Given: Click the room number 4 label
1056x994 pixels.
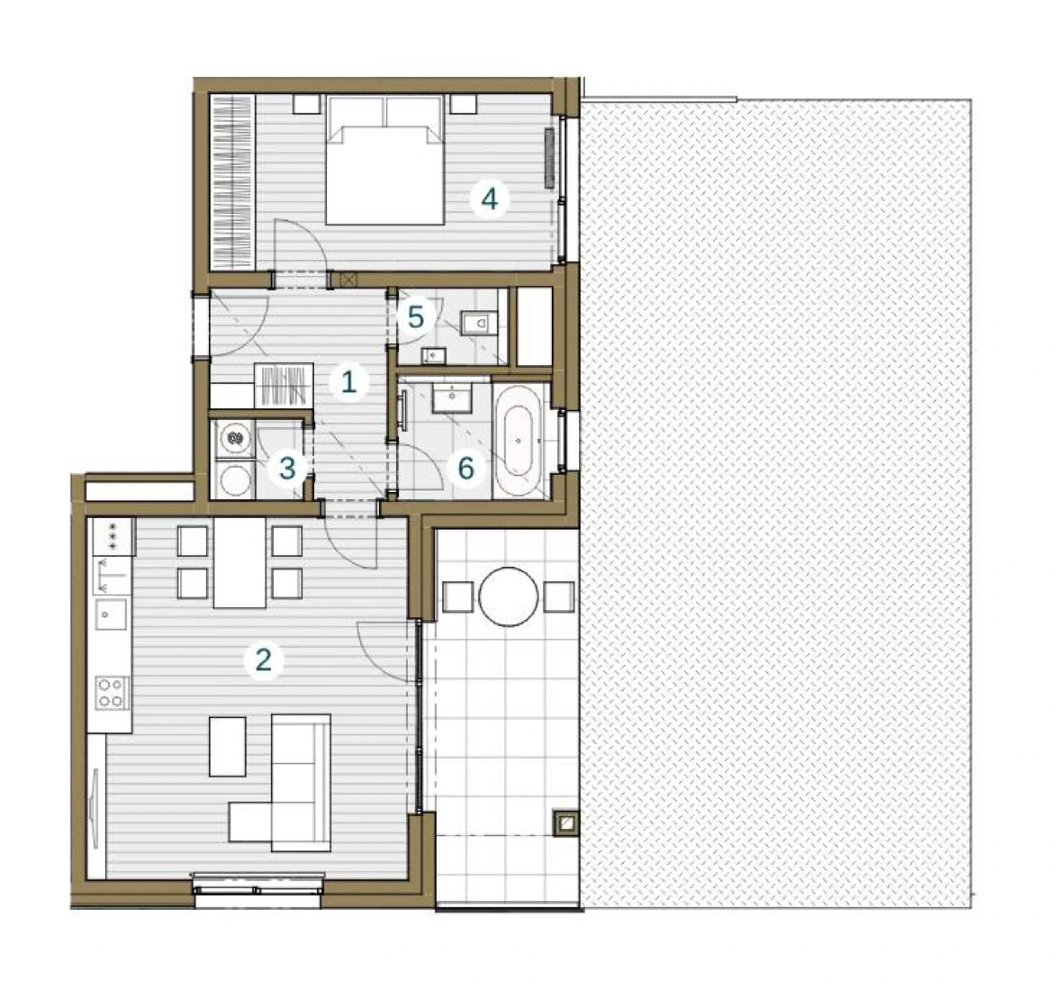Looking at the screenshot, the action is (489, 199).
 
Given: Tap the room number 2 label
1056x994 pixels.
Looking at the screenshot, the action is (264, 660).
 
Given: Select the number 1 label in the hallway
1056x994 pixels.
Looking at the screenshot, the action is (348, 382).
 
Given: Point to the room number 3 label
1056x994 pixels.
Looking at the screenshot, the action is (287, 469).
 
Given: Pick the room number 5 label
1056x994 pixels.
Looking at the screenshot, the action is (415, 318).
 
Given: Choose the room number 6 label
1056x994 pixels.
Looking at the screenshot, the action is (466, 469).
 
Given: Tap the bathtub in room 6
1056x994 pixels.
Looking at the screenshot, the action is (518, 441).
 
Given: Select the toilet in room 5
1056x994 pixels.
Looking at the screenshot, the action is (478, 323).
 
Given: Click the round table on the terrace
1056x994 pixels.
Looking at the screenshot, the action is (508, 596).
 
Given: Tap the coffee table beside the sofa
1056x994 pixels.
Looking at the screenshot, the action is (227, 746).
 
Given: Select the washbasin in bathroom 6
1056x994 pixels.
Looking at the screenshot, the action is (452, 398).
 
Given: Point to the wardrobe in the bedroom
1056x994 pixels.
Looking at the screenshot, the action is (233, 182).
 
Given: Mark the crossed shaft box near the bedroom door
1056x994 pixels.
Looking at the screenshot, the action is (348, 279).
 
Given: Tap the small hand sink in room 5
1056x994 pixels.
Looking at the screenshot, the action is (434, 355).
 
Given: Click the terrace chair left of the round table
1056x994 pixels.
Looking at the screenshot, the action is (458, 596).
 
